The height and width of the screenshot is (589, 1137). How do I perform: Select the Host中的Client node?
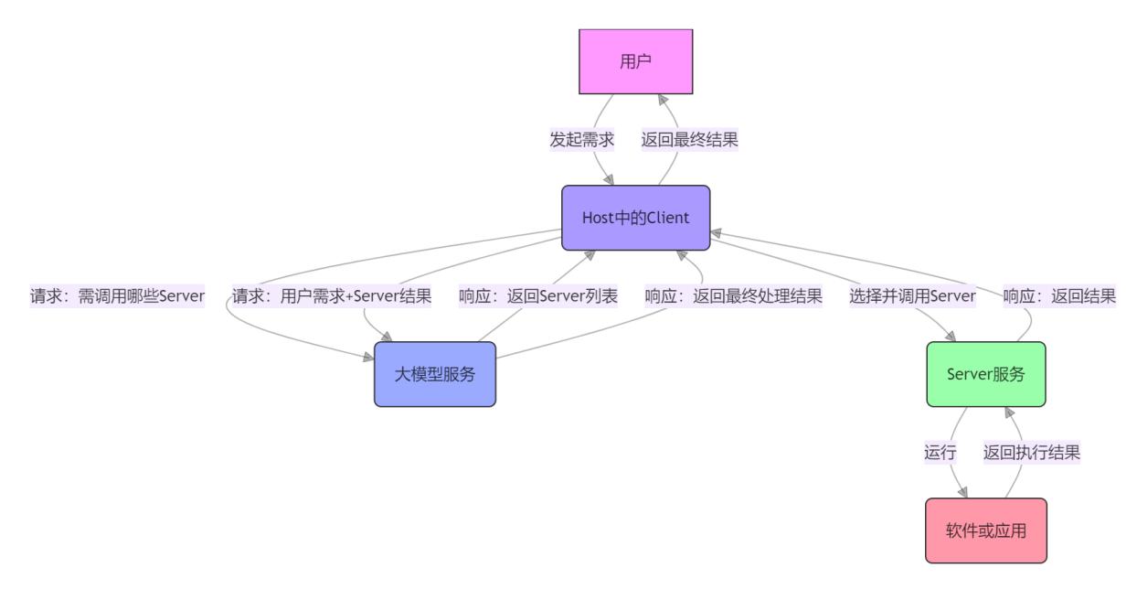(x=635, y=218)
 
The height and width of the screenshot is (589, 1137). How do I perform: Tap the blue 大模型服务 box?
(x=434, y=374)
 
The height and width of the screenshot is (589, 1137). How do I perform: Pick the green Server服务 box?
(x=985, y=374)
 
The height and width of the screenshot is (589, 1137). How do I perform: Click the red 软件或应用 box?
(x=985, y=530)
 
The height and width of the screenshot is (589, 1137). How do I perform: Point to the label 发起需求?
(x=581, y=140)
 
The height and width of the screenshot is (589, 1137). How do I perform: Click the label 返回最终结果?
(x=689, y=140)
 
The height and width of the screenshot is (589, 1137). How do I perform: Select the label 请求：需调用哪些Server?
(x=118, y=296)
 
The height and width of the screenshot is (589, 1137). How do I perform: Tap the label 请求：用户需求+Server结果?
(x=332, y=296)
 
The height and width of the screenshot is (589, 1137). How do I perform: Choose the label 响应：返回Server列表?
(x=538, y=296)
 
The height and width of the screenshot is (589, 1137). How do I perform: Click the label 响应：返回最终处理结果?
(x=733, y=296)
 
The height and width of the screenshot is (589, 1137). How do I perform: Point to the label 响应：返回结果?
(x=1059, y=296)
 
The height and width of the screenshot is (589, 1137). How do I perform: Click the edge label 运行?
(x=940, y=453)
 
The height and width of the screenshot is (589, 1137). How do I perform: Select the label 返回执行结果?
(x=1032, y=453)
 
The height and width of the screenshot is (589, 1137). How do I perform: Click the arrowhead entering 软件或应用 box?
(x=962, y=493)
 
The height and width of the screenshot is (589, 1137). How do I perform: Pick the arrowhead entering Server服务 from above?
(x=954, y=337)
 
